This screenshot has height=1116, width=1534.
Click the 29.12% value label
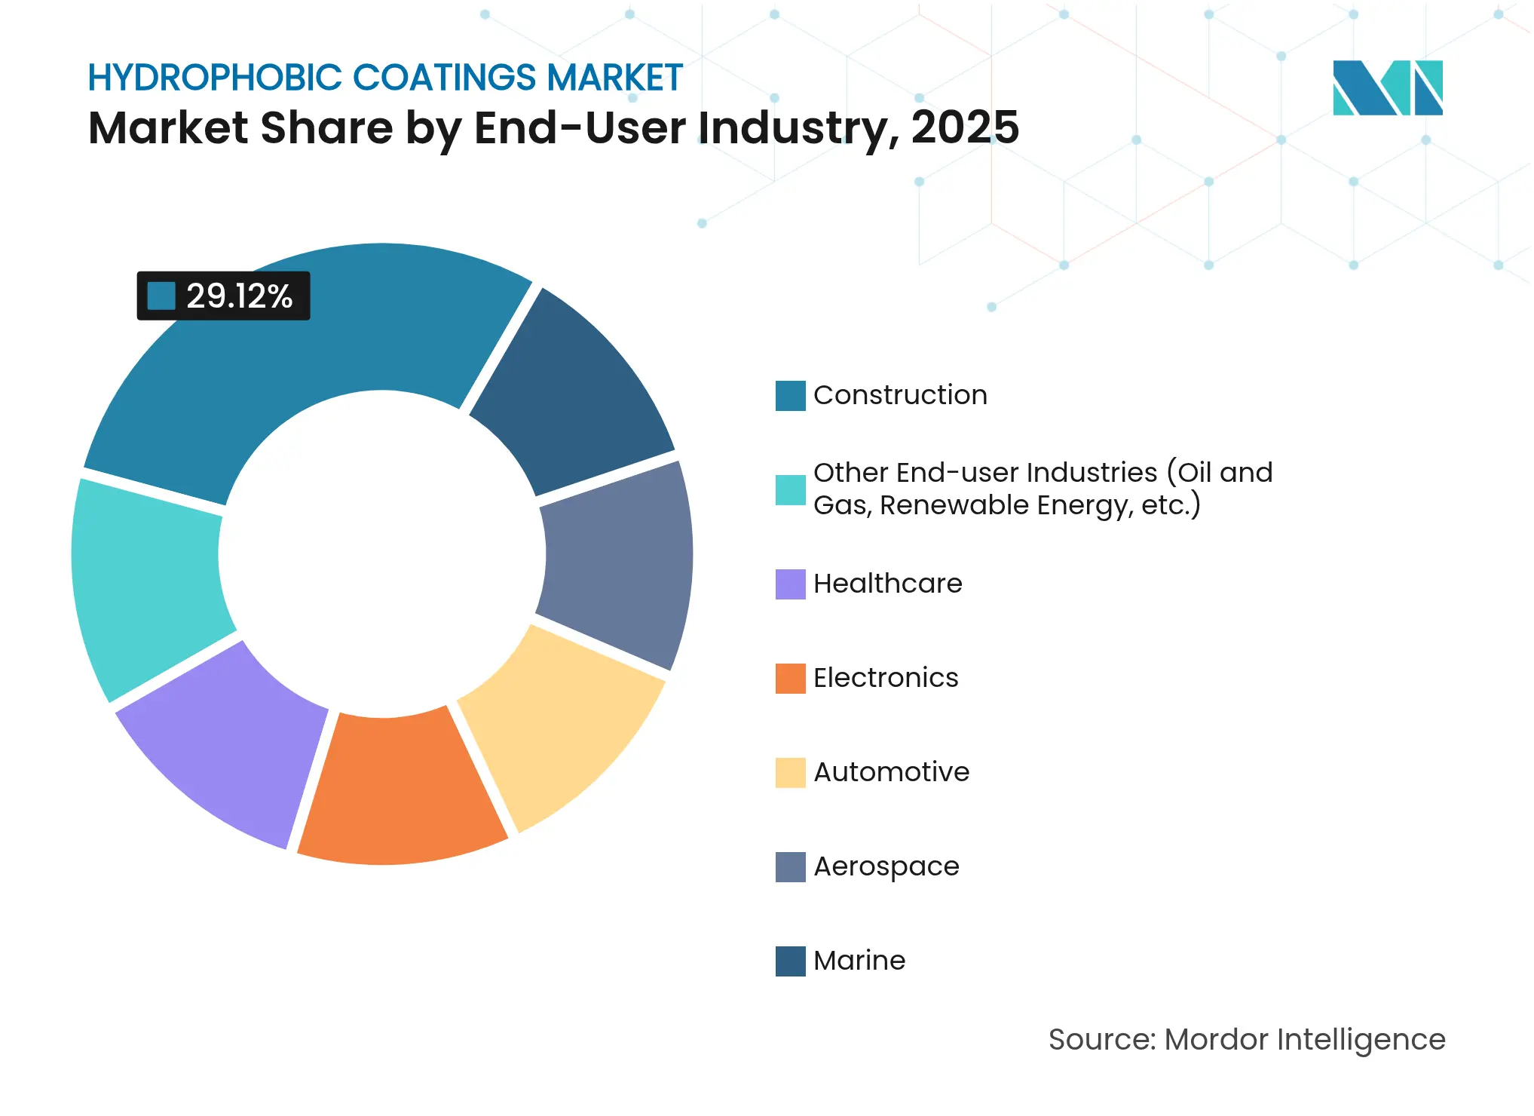(238, 296)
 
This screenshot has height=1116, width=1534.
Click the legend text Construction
(900, 395)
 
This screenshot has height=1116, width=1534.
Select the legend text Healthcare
(887, 584)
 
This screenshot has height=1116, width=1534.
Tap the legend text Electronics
(886, 678)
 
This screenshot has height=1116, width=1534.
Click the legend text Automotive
(891, 772)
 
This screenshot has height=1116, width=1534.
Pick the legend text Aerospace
(886, 866)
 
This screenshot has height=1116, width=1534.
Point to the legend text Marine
(859, 961)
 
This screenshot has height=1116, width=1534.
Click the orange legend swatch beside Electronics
(790, 678)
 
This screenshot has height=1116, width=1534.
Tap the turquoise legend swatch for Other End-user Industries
(790, 489)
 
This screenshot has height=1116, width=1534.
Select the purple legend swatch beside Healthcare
(790, 584)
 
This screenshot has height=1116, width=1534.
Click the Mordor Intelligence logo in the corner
(1387, 87)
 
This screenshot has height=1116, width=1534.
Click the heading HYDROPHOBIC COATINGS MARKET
(384, 78)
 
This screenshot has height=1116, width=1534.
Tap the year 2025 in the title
(965, 127)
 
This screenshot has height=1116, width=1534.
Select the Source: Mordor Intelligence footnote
(1247, 1039)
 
